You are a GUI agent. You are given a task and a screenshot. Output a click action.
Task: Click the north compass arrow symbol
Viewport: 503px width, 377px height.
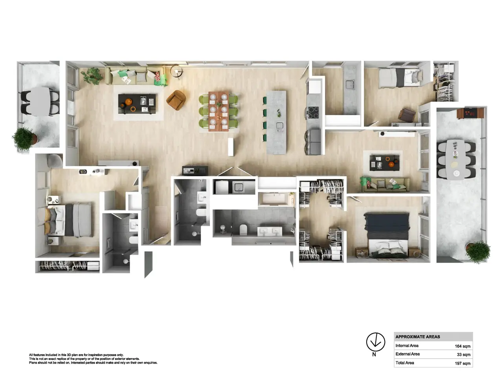pyautogui.click(x=375, y=342)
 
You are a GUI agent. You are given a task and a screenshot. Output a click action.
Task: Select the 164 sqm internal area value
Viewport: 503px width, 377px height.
pyautogui.click(x=462, y=346)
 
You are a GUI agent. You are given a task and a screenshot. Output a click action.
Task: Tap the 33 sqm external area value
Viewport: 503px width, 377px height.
pyautogui.click(x=463, y=355)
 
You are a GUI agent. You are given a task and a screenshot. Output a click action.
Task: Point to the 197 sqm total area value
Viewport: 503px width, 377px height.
pyautogui.click(x=462, y=363)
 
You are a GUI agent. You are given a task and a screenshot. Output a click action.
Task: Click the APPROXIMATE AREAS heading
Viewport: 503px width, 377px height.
pyautogui.click(x=417, y=337)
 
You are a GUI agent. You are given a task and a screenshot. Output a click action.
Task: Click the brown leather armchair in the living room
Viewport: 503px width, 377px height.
pyautogui.click(x=176, y=100)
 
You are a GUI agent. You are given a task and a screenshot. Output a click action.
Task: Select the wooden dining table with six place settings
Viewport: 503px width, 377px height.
pyautogui.click(x=218, y=112)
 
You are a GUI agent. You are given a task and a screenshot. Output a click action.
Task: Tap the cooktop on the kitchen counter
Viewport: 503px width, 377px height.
pyautogui.click(x=313, y=112)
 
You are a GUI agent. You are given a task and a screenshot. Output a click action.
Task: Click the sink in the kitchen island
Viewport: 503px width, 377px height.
pyautogui.click(x=279, y=126)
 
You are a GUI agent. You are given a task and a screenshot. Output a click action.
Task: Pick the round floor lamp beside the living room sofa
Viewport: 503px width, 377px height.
pyautogui.click(x=176, y=71)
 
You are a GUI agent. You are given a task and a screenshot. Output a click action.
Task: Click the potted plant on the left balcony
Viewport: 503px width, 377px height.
pyautogui.click(x=24, y=139)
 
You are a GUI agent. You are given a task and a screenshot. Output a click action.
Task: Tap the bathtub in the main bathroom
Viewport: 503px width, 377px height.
pyautogui.click(x=275, y=199)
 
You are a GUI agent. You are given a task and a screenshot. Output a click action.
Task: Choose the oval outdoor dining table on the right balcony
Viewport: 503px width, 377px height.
pyautogui.click(x=455, y=159)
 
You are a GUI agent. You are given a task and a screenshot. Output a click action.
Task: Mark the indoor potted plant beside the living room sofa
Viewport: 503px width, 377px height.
pyautogui.click(x=92, y=75)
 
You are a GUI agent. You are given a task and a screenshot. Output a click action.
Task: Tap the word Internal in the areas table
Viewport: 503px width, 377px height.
pyautogui.click(x=407, y=346)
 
